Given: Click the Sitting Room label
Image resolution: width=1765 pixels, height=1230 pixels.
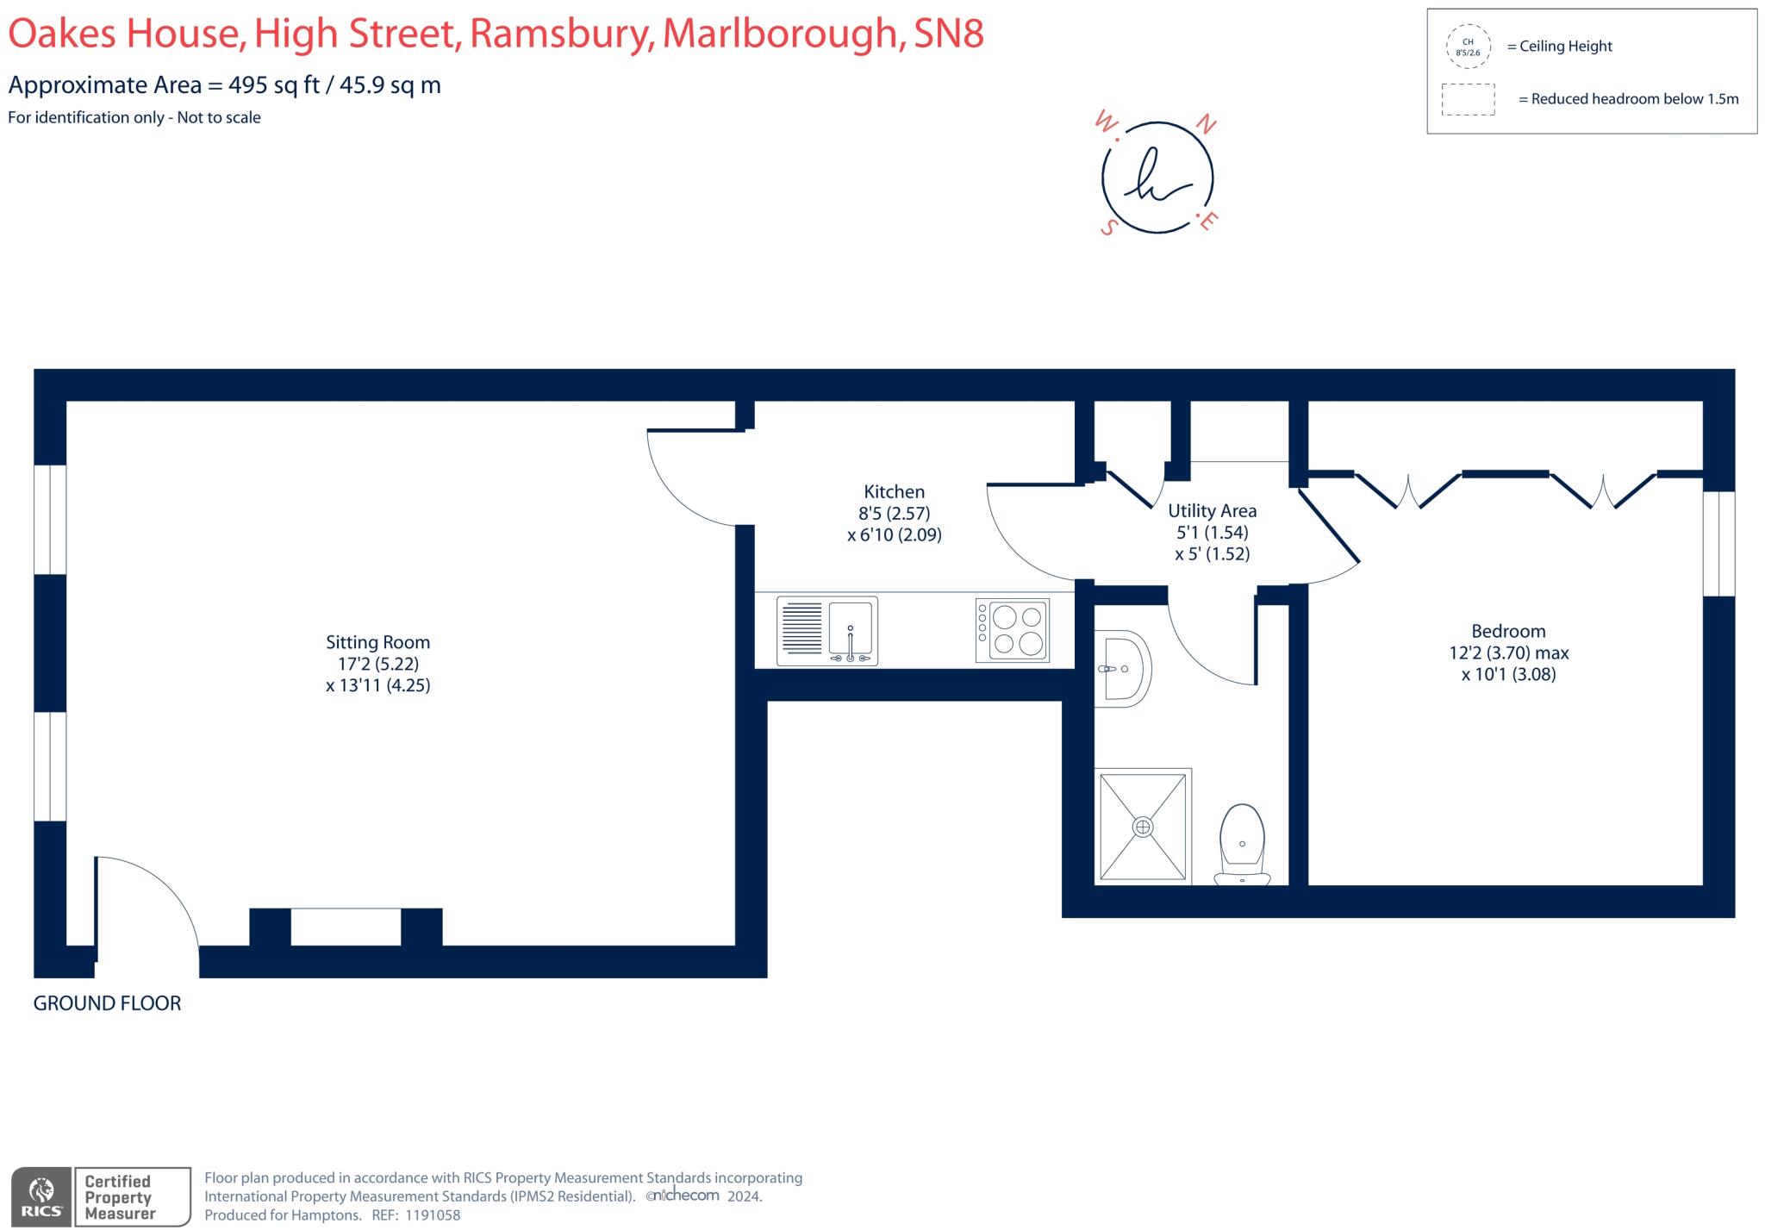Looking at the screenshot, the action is tap(377, 642).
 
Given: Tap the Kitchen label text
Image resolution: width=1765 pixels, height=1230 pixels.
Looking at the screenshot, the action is tap(894, 492).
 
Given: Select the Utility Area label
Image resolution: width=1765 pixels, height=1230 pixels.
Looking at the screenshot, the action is tap(1212, 511).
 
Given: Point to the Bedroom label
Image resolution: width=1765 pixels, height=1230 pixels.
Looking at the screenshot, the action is tap(1508, 631).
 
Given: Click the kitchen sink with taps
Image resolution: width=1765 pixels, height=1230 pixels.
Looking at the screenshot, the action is tap(827, 631).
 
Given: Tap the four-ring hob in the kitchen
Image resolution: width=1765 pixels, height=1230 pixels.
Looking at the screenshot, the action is tap(1013, 631).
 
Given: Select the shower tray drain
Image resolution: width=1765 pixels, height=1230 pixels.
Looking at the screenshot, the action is tap(1143, 827).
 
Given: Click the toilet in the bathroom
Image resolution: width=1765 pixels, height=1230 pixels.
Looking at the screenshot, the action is tap(1242, 845).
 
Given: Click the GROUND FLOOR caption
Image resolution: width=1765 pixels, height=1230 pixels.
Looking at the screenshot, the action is tap(107, 1003).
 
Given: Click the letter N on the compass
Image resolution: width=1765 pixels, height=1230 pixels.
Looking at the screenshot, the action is tap(1207, 127).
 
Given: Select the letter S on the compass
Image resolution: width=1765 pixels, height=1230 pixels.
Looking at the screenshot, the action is tap(1110, 227).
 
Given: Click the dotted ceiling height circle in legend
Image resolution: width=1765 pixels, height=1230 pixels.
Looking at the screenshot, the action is tap(1468, 47).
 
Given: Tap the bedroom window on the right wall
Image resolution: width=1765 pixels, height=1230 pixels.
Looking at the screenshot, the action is tap(1718, 543).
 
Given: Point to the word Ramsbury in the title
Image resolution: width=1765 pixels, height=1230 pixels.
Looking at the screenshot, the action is tap(561, 34).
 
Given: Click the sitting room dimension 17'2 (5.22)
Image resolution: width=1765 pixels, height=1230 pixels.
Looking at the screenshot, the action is tap(377, 664).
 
